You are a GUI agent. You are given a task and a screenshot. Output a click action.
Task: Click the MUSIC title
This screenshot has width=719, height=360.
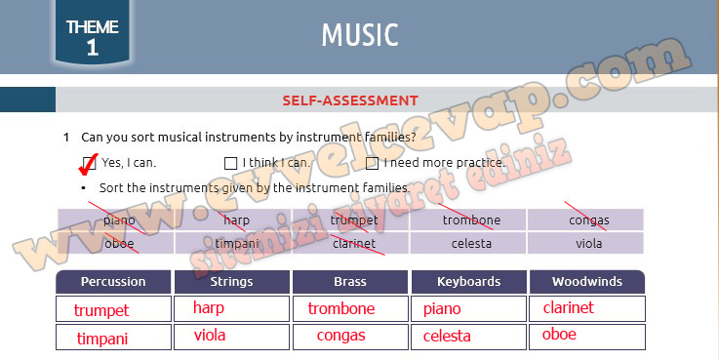click(x=360, y=35)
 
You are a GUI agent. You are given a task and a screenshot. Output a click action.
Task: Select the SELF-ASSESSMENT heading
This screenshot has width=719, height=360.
click(x=350, y=100)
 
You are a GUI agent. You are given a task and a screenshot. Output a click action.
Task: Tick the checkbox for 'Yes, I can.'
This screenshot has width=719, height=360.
click(x=90, y=163)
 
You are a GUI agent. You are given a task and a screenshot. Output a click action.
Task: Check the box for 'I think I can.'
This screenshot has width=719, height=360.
click(x=231, y=163)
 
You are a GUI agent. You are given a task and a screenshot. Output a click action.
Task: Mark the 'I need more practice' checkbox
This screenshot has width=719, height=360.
click(x=372, y=163)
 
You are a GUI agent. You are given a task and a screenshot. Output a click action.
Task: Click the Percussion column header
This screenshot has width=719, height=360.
click(x=113, y=282)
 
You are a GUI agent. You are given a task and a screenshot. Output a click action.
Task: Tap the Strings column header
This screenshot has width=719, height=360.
click(x=231, y=282)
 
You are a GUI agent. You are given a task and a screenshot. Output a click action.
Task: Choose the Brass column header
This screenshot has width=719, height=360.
click(x=350, y=282)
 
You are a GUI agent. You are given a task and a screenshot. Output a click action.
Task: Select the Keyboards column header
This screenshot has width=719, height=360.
click(x=468, y=282)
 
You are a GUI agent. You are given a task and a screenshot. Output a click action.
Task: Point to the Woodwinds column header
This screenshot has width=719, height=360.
click(x=586, y=282)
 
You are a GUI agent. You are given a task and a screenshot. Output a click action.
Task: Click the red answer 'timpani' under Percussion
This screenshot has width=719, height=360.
click(x=102, y=339)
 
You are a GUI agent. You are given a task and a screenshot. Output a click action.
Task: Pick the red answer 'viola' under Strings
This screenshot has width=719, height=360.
click(x=209, y=336)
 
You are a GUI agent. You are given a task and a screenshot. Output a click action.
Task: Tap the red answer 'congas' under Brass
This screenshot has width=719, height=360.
click(x=340, y=336)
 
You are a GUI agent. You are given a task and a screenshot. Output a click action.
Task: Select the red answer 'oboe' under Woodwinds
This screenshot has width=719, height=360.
click(x=559, y=335)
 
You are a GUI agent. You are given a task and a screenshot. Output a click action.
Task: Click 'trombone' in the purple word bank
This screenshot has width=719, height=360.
click(x=471, y=220)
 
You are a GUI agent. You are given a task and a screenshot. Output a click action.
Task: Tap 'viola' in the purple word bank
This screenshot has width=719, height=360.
click(x=588, y=244)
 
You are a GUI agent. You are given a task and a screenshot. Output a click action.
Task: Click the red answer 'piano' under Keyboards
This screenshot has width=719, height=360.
click(x=442, y=309)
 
